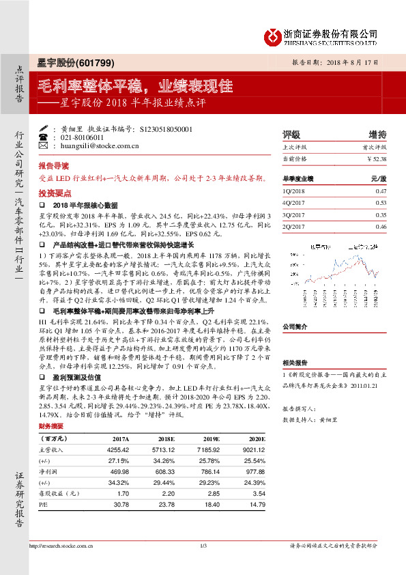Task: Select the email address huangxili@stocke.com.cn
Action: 100,145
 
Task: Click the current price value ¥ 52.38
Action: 376,158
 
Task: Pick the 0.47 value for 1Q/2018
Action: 381,192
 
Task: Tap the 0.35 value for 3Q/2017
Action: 381,214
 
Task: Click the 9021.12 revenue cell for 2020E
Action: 248,449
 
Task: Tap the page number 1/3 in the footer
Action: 203,545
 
